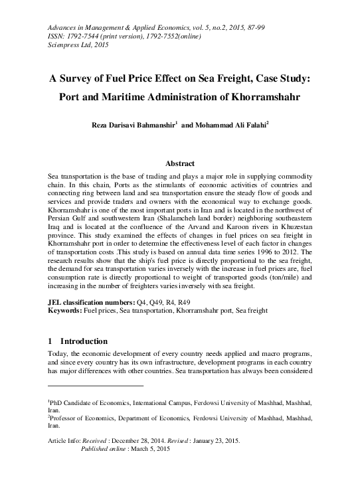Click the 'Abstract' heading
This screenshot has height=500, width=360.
(179, 163)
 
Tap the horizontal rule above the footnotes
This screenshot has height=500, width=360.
(96, 385)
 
